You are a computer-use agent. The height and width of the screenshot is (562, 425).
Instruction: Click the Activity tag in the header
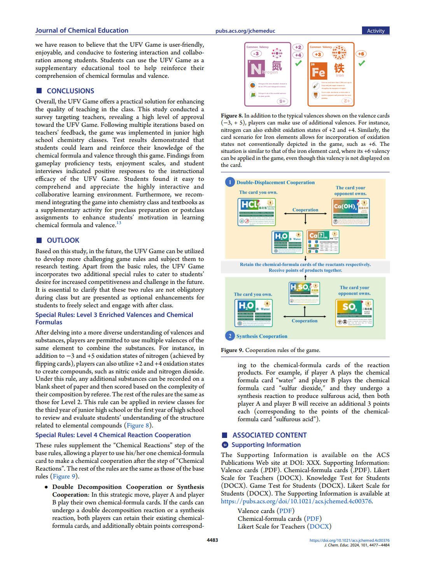[x=375, y=31]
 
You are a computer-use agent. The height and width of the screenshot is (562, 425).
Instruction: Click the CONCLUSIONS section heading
[x=70, y=91]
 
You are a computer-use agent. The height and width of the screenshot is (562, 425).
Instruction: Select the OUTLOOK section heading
[x=63, y=240]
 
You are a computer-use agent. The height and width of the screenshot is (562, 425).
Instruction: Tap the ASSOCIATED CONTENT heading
[x=269, y=435]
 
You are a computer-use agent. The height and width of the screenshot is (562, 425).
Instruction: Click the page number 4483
[x=212, y=540]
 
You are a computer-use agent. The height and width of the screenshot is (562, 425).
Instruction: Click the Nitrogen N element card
[x=268, y=74]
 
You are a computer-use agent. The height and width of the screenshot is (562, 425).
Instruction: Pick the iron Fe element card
[x=331, y=74]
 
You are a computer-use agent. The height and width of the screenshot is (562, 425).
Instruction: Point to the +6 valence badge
[x=361, y=54]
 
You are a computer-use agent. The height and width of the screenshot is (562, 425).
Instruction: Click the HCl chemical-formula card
[x=257, y=212]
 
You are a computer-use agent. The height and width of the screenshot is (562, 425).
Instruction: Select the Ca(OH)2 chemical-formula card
[x=351, y=212]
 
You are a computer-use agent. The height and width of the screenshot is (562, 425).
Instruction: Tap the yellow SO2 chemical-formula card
[x=354, y=313]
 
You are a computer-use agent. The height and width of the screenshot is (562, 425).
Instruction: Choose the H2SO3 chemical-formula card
[x=304, y=293]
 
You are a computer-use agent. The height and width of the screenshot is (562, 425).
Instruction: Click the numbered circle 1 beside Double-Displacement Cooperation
[x=230, y=182]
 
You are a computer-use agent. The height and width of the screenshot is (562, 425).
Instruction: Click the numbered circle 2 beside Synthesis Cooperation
[x=230, y=336]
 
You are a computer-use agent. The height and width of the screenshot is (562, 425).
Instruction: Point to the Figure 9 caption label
[x=232, y=350]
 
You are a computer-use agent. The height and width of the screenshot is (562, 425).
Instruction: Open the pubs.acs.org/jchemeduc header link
[x=245, y=31]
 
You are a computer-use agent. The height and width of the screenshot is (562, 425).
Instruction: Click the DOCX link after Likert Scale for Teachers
[x=319, y=527]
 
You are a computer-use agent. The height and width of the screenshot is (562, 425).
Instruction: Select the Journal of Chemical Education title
[x=82, y=30]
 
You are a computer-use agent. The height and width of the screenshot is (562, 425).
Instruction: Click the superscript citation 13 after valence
[x=119, y=223]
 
